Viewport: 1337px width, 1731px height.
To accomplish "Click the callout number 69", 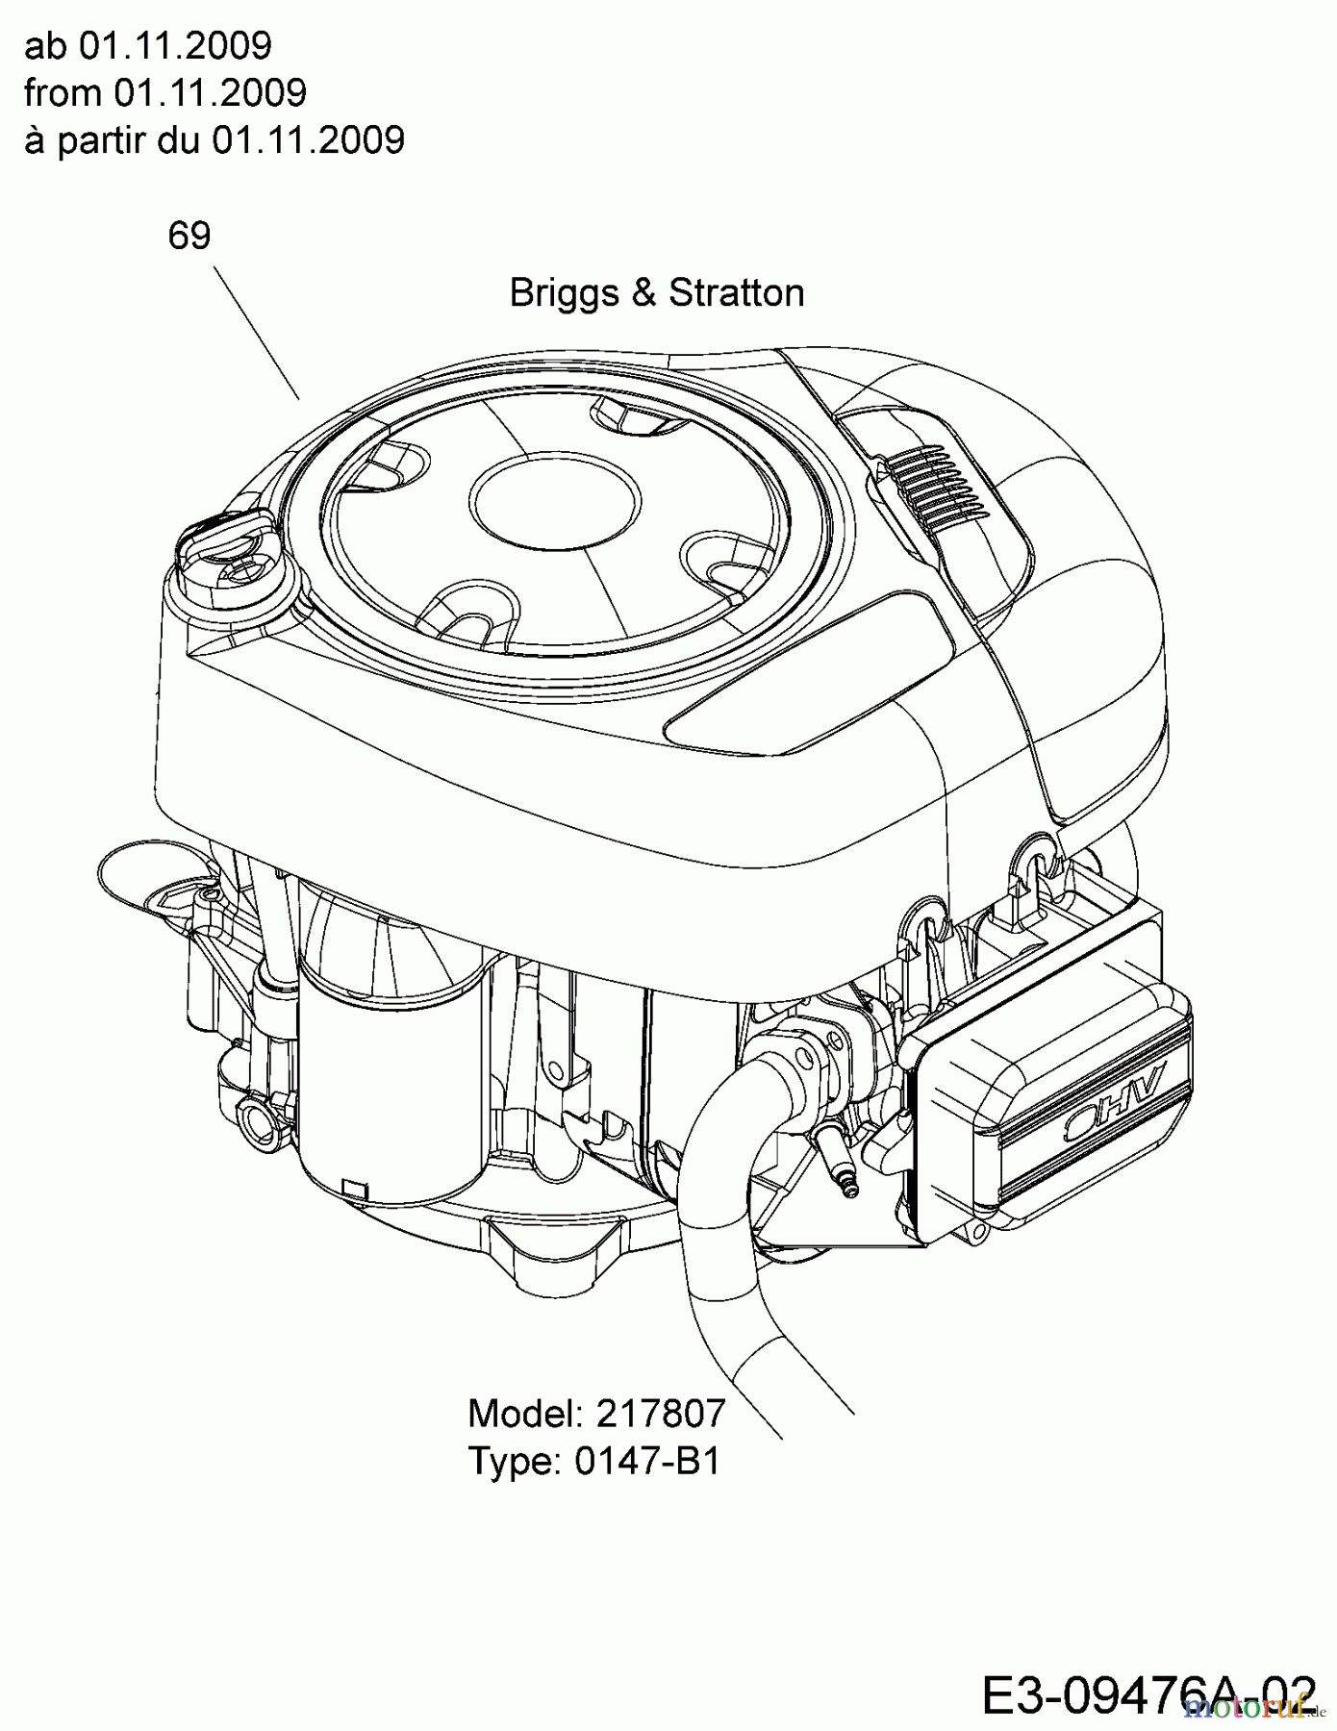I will click(189, 236).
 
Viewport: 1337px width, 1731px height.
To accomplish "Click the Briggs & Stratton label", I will click(656, 292).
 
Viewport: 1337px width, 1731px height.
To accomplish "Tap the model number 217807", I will click(660, 1414).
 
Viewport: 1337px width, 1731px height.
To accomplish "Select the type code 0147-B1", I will click(646, 1462).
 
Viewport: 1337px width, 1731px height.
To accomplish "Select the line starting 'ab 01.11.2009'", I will click(148, 45).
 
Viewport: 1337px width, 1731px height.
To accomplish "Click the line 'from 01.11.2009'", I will click(165, 93).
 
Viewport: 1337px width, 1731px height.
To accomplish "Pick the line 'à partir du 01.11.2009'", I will click(214, 140).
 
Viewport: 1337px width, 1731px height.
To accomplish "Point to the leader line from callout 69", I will click(256, 333).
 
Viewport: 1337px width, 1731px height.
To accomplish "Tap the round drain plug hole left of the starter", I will click(258, 1116).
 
